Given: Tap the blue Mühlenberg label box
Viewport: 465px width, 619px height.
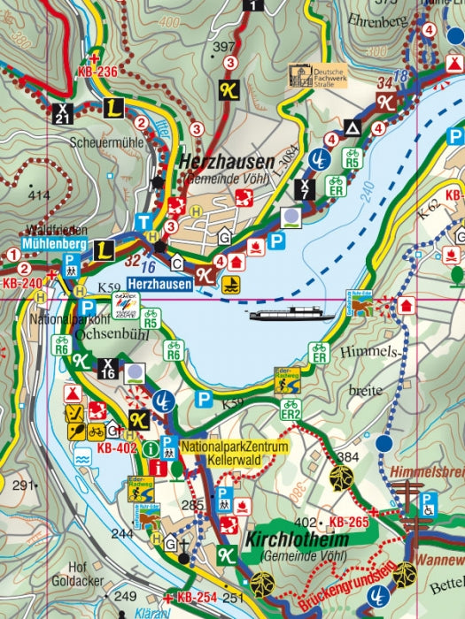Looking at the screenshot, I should [53, 243].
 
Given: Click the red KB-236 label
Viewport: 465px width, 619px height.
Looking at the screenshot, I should [97, 73].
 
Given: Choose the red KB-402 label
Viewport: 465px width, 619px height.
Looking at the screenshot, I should [117, 448].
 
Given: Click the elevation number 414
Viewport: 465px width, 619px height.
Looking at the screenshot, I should [38, 195].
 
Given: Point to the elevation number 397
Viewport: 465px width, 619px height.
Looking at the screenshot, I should [225, 46].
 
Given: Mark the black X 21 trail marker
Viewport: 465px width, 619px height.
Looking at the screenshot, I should [63, 112].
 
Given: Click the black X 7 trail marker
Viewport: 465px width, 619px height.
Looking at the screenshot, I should [304, 187].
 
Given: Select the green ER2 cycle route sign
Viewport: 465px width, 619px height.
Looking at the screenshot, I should [290, 409].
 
